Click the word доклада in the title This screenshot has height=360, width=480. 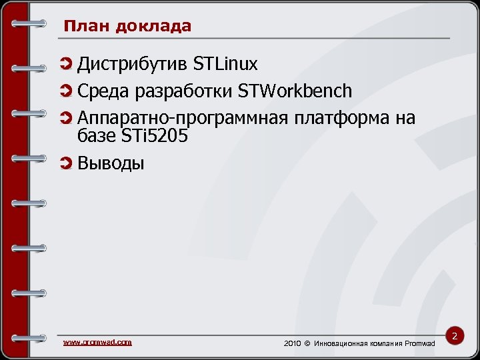(x=153, y=27)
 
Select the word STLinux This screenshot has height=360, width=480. (x=225, y=64)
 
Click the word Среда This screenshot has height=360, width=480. (x=102, y=91)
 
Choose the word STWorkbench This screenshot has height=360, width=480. (x=295, y=91)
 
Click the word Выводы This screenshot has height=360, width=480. (x=111, y=163)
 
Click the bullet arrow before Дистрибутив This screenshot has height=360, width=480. (x=65, y=64)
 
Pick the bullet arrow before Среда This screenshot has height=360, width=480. (x=65, y=91)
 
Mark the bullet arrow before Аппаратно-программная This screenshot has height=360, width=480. (x=65, y=118)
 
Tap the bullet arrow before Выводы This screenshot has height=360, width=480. (x=65, y=163)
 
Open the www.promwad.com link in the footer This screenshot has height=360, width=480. (x=97, y=342)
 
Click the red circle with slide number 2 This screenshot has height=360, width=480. (x=455, y=337)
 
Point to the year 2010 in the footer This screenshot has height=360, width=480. (x=293, y=343)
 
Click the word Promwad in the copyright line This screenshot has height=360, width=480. (x=420, y=343)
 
